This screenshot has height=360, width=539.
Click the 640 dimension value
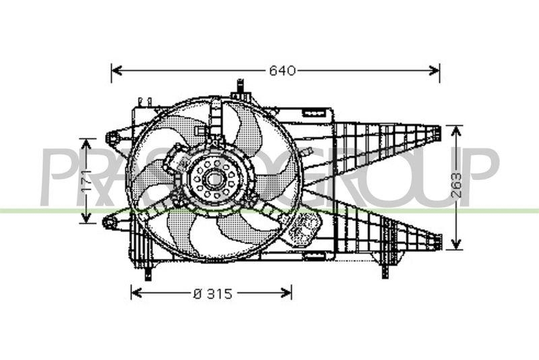pos(282,71)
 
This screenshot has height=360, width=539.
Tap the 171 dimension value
pos(87,180)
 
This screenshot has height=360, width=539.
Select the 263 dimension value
pos(456,185)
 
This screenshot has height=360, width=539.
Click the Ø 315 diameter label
pos(213,294)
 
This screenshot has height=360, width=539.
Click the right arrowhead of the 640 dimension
pos(434,71)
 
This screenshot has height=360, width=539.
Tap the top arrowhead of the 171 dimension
pos(86,144)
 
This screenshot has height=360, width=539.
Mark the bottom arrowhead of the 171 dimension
pos(86,218)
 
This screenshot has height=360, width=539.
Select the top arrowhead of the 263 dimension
pos(456,131)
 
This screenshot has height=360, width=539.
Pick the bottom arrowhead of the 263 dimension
pos(456,243)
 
